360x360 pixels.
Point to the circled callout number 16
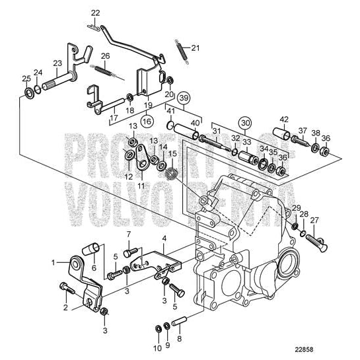tap(146, 122)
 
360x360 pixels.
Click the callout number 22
tap(96, 13)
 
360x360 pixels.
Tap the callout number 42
tap(284, 120)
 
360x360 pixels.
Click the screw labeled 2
tap(64, 288)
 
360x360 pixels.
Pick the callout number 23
tap(57, 63)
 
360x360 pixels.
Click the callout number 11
tap(140, 186)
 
